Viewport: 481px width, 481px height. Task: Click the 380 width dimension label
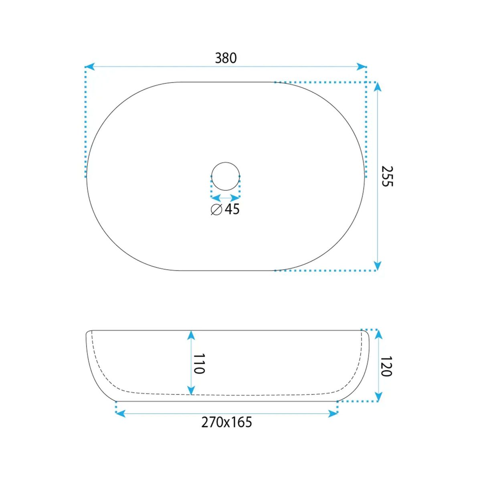click(226, 58)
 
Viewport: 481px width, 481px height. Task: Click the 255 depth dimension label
click(387, 176)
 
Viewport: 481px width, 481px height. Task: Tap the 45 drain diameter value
click(232, 209)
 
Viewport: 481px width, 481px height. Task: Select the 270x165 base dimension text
click(226, 422)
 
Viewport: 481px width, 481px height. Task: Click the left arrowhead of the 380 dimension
click(90, 67)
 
